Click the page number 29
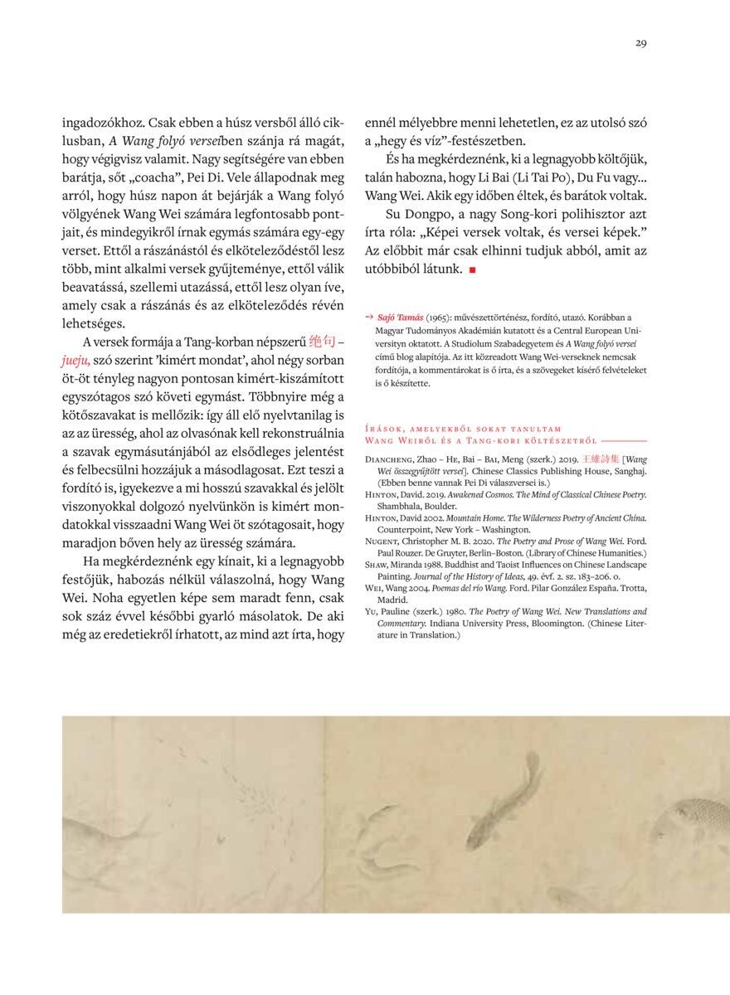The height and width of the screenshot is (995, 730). (x=641, y=44)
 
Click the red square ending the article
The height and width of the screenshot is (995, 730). (x=472, y=269)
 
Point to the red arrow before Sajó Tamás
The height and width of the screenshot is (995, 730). (x=369, y=317)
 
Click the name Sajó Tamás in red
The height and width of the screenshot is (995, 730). (x=401, y=318)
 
